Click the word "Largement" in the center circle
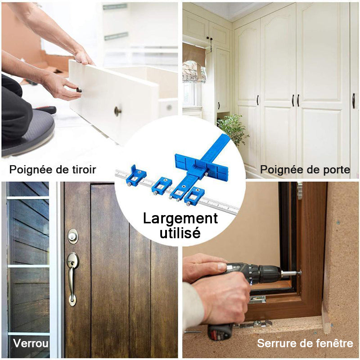[180, 219]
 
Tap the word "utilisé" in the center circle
[180, 233]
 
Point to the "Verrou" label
[31, 343]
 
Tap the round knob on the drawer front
[118, 111]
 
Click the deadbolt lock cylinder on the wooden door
[73, 236]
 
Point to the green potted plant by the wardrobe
[233, 128]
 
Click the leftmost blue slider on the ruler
[136, 175]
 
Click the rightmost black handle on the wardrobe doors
[353, 101]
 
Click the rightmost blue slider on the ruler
[194, 196]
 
